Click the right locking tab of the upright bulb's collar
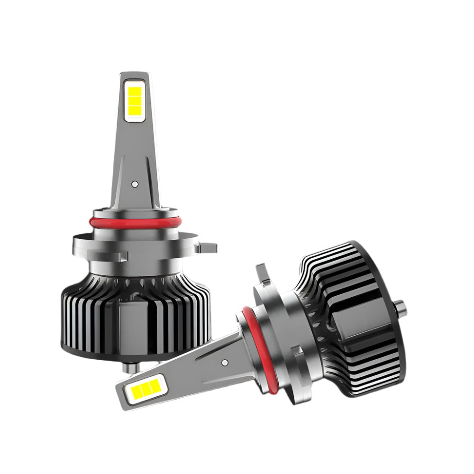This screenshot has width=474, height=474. (207, 247)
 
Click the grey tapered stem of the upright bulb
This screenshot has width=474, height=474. (134, 156)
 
